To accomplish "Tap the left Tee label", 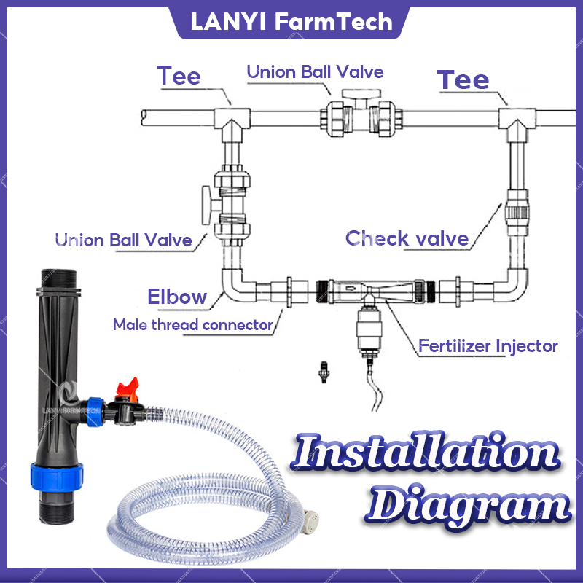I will (x=179, y=76).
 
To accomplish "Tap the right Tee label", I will (x=462, y=79).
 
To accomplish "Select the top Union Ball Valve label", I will (x=315, y=71).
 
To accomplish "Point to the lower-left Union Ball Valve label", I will (x=124, y=240).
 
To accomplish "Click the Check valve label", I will (x=407, y=238).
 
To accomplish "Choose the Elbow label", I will (x=177, y=297).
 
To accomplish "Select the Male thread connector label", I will (x=192, y=324).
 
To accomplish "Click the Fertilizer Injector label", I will (x=488, y=345).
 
